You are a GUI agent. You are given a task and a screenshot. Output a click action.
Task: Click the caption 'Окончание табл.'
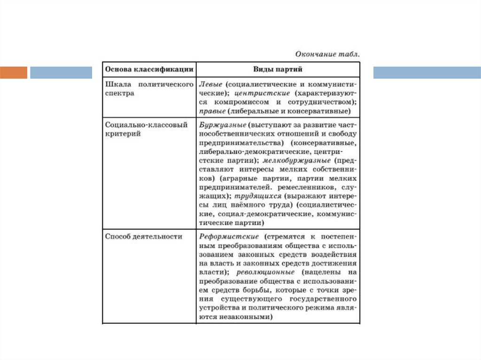328,54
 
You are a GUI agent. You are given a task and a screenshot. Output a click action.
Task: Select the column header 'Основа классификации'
149,69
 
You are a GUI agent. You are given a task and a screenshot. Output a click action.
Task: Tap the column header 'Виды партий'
278,69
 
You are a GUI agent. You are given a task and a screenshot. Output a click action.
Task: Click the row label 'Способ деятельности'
144,237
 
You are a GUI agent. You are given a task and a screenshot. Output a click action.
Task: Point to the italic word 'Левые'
210,85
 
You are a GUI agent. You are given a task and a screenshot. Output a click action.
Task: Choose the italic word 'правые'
212,111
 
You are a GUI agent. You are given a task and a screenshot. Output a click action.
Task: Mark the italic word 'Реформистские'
228,237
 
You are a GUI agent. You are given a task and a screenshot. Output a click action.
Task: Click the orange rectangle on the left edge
14,73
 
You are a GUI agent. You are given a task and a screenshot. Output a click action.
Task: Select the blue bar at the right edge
427,73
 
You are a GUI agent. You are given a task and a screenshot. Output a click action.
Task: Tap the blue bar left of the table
61,73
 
